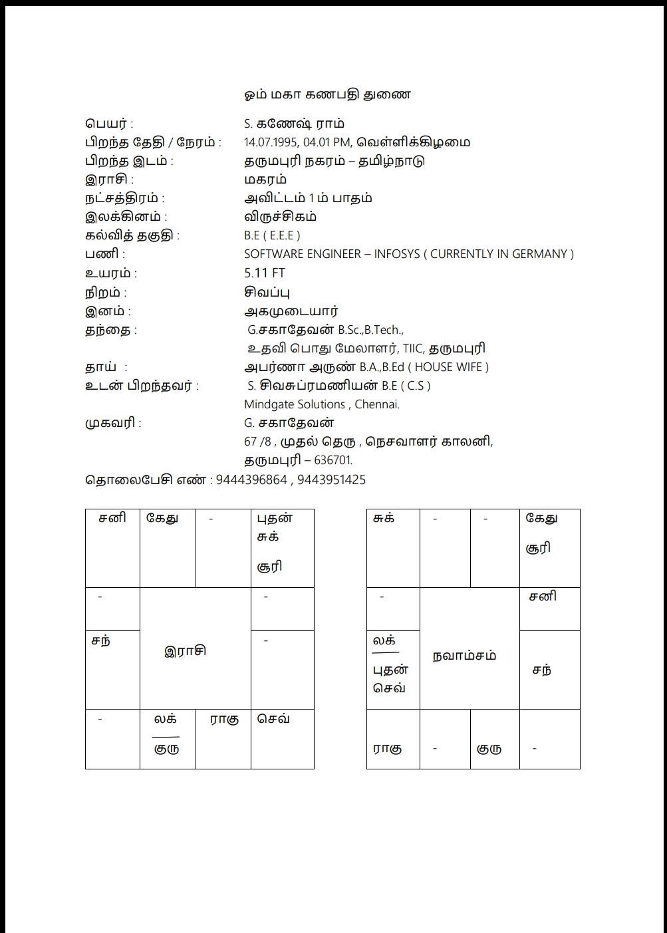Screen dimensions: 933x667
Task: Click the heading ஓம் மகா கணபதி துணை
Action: [x=327, y=94]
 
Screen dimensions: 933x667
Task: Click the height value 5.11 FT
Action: [x=265, y=273]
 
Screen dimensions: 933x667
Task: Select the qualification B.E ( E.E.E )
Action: [x=272, y=235]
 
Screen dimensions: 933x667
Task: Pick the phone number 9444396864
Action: [x=251, y=480]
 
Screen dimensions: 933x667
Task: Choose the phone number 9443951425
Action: [x=331, y=480]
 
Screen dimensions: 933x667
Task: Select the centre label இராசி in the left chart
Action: [x=185, y=650]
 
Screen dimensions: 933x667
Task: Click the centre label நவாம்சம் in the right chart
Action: [x=464, y=656]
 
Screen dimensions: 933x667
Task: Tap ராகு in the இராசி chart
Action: [x=224, y=720]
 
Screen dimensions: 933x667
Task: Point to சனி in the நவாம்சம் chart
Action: [x=543, y=597]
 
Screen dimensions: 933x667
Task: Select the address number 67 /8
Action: [x=258, y=442]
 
